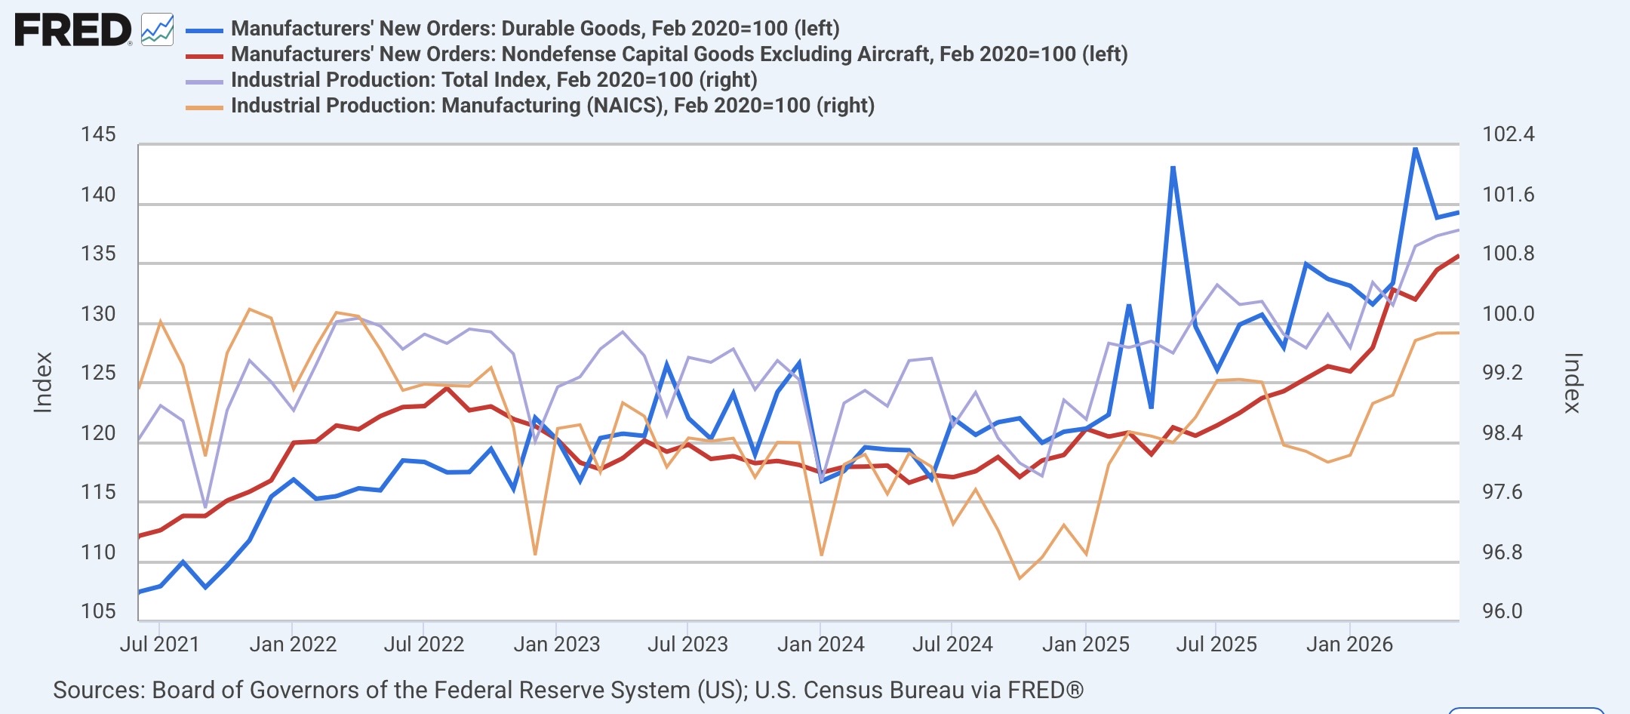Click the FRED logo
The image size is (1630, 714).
coord(73,31)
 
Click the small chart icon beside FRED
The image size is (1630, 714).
coord(158,30)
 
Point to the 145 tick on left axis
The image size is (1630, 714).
coord(98,134)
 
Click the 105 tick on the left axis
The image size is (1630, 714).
coord(98,611)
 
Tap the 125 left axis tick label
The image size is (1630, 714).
coord(98,373)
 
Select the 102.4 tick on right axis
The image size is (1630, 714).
coord(1509,134)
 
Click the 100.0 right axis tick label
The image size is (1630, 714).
coord(1509,313)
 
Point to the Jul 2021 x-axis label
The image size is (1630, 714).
coord(159,644)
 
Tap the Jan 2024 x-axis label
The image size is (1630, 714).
coord(820,644)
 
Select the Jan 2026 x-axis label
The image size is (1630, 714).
coord(1349,644)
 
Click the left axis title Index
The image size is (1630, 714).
coord(43,383)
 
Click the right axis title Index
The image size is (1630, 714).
coord(1572,383)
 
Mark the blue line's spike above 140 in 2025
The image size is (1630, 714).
coord(1173,168)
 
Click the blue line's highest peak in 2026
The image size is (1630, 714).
coord(1415,149)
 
